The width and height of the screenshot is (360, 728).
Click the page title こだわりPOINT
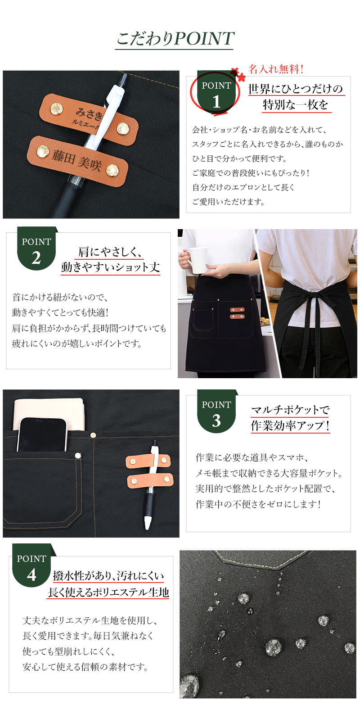pos(175,39)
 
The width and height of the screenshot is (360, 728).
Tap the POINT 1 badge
pos(216,92)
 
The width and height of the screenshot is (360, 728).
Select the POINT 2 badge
pos(36,249)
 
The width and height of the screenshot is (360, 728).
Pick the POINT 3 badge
pos(216,411)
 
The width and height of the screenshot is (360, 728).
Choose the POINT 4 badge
pos(31,565)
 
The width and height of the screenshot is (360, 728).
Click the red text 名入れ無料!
pos(276,69)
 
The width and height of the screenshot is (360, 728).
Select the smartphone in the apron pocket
pos(42,435)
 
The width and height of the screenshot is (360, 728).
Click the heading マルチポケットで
pos(290,410)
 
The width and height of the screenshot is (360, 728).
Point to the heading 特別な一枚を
pos(295,104)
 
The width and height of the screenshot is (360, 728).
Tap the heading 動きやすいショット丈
pos(110,267)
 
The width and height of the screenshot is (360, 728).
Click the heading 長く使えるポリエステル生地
pos(108,592)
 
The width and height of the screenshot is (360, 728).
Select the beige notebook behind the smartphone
pos(49,413)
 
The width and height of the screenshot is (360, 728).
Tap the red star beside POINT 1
pos(241,77)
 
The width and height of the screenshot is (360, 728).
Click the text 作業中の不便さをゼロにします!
pos(258,504)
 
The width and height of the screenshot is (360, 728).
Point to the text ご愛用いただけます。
pos(228,202)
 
